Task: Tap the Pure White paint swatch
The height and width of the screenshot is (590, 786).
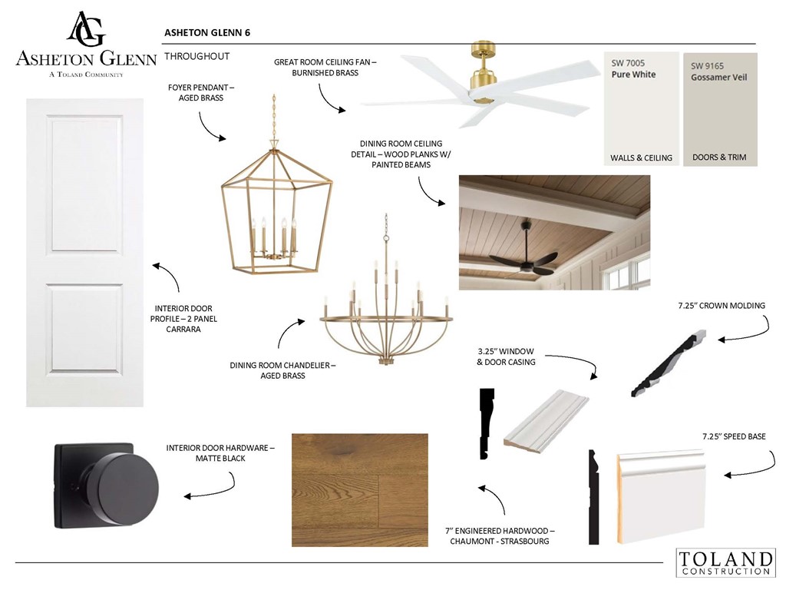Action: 641,109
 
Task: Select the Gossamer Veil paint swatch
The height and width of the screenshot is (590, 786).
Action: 720,109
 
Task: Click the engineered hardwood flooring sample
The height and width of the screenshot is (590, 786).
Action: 360,489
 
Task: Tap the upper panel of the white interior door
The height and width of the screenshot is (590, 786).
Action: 84,184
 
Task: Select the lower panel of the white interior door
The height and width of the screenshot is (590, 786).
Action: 84,329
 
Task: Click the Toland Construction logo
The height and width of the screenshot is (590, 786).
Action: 725,562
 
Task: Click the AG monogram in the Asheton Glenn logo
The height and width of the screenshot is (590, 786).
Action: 86,29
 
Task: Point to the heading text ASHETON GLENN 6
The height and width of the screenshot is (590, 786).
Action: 207,32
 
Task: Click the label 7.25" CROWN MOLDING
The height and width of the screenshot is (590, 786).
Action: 722,306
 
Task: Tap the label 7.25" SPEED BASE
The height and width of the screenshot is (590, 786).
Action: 734,436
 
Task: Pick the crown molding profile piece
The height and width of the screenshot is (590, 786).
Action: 669,363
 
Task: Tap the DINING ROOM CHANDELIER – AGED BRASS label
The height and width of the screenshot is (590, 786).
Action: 282,370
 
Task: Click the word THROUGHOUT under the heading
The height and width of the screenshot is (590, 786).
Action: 197,56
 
